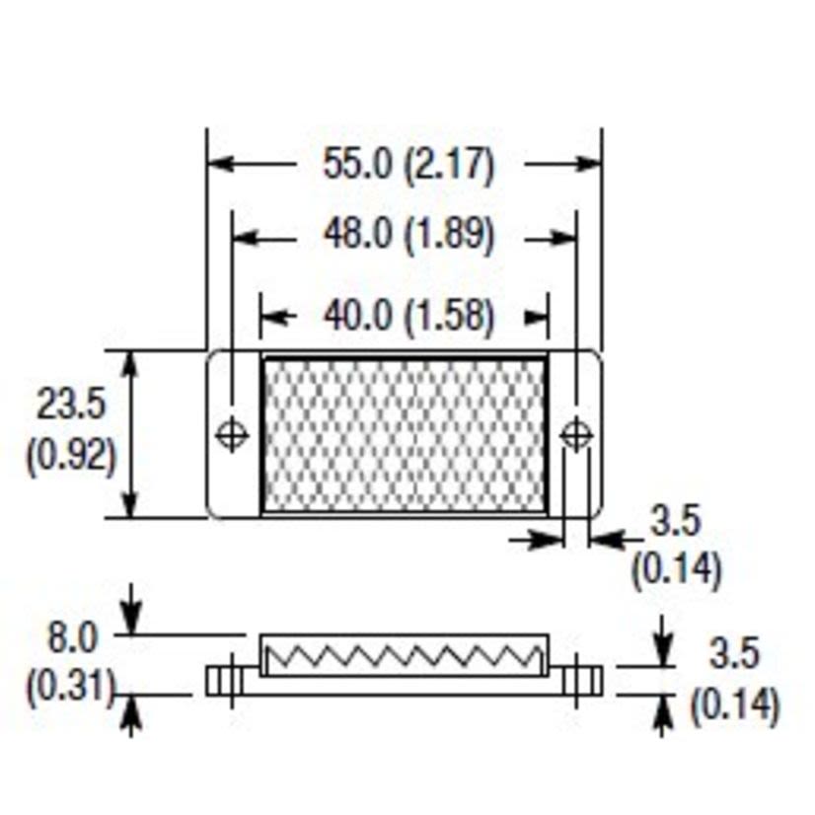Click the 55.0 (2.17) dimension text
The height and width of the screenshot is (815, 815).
coord(407,164)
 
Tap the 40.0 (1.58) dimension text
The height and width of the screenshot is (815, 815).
coord(407,316)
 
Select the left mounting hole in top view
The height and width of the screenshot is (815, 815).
coord(232,434)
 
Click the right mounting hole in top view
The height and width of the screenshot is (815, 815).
coord(576,434)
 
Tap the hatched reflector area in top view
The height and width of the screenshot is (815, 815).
coord(405,435)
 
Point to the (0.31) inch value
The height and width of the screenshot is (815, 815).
coord(69,687)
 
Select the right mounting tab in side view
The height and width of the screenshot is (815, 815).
coord(577,680)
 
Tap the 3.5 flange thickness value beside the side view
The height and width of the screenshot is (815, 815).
coord(734,654)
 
